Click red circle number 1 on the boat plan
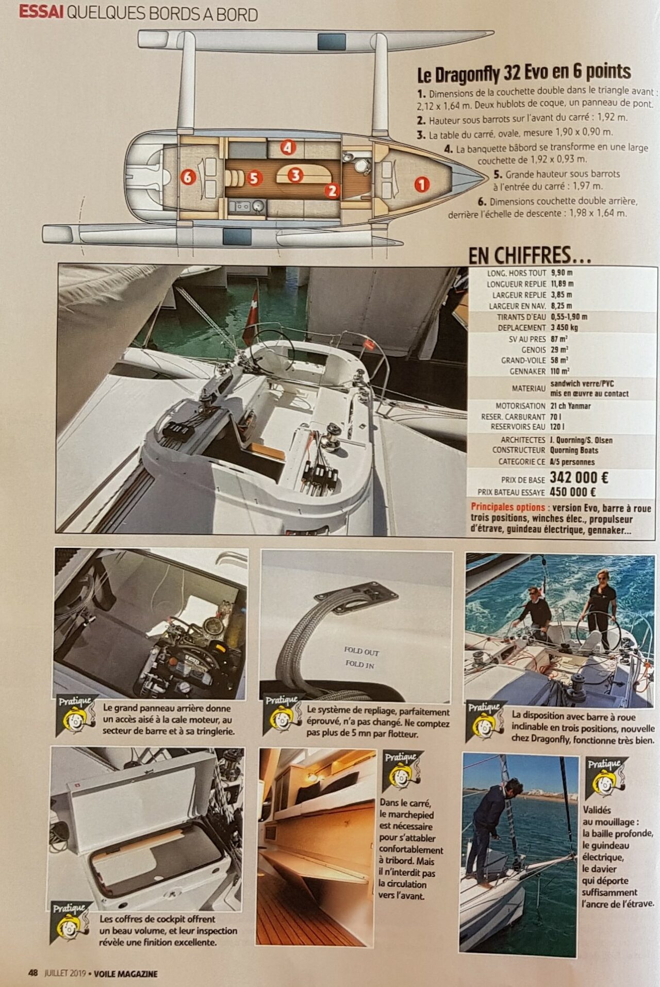(x=421, y=184)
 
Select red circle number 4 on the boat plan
(x=288, y=148)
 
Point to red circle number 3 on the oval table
(x=295, y=175)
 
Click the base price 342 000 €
(x=579, y=478)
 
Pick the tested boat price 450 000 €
(x=573, y=492)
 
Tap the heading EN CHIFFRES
(x=529, y=255)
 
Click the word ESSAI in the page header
(x=41, y=13)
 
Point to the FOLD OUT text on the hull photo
(x=361, y=651)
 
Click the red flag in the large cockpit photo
(x=252, y=316)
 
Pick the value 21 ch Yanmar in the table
(x=570, y=406)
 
